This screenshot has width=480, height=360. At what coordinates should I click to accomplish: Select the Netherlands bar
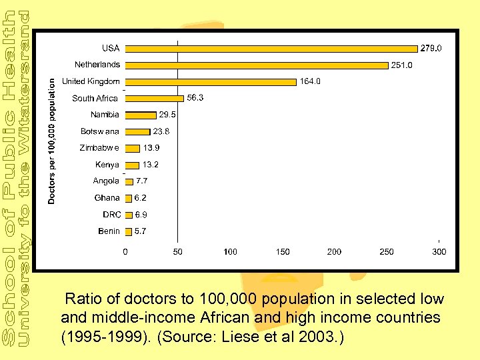click(257, 65)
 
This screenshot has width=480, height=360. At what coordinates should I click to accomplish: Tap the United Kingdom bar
click(211, 82)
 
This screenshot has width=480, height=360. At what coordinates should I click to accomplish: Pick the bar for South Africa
click(154, 99)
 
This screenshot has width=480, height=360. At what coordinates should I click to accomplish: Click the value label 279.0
click(431, 48)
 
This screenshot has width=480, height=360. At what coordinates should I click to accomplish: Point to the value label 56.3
click(195, 97)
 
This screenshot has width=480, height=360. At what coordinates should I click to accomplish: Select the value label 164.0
click(310, 81)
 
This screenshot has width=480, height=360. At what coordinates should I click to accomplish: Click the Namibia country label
click(105, 115)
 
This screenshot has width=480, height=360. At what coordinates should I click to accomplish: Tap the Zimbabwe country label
click(100, 148)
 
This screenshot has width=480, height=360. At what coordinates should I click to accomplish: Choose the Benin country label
click(109, 231)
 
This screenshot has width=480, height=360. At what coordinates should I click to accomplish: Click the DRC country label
click(111, 215)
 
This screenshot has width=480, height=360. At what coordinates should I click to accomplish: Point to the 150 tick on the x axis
click(282, 252)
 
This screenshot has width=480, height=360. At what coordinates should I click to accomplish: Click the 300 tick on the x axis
click(439, 252)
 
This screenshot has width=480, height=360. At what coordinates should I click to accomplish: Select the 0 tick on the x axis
click(125, 252)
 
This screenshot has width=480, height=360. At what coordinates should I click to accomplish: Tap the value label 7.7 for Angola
click(141, 181)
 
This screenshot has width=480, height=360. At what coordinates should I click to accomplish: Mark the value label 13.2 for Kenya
click(151, 165)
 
